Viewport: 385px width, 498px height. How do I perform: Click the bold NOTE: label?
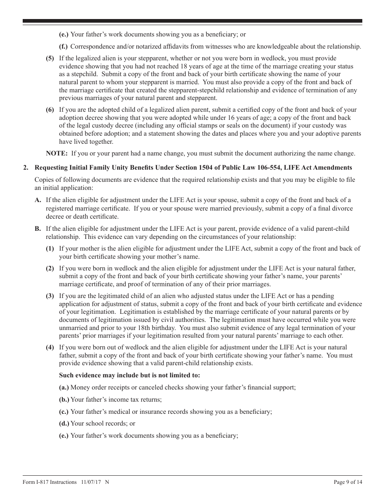(x=57, y=153)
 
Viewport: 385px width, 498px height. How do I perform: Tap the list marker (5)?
(x=49, y=58)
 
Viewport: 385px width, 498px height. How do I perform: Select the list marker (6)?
(x=49, y=110)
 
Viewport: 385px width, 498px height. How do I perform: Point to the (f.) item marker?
(x=64, y=47)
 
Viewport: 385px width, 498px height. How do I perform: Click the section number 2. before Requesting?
(x=26, y=168)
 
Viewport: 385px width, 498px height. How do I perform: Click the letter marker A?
(x=38, y=200)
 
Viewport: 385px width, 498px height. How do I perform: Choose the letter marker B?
(x=38, y=229)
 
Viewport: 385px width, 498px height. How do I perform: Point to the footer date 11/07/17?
(x=91, y=482)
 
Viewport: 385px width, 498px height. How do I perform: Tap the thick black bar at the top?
(x=192, y=21)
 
